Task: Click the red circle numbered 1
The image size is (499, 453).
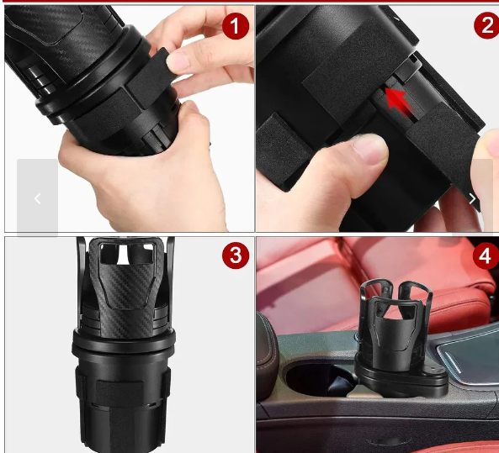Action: point(235,26)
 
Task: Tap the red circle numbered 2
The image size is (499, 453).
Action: point(487,25)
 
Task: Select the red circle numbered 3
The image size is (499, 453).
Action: point(236,255)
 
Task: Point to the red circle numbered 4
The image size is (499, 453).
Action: point(486,255)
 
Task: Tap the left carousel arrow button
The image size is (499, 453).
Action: point(38,198)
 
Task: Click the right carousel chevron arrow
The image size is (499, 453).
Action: point(473,199)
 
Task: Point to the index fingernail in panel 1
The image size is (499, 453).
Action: point(178,61)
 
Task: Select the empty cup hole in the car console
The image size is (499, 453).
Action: point(318,380)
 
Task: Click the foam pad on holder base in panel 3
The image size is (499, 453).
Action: point(119,392)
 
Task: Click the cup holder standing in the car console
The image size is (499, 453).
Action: point(401,337)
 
